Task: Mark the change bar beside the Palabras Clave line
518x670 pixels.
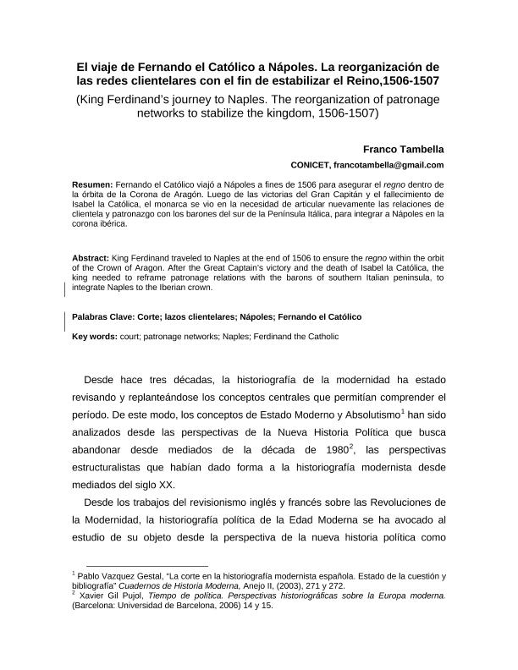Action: coord(66,318)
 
